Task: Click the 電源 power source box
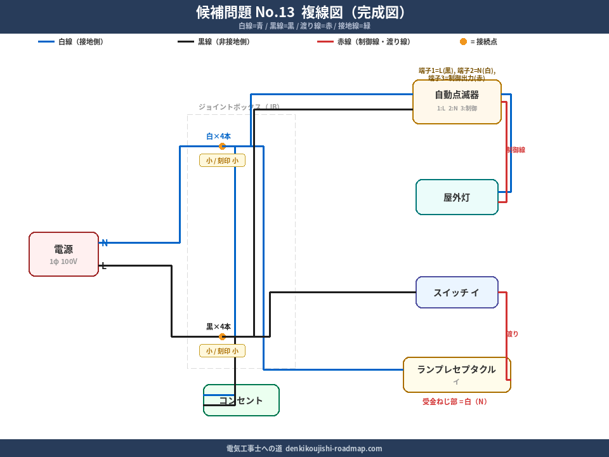pos(63,254)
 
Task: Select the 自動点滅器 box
pos(457,102)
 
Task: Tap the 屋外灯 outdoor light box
pos(457,197)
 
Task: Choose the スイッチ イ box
pos(457,293)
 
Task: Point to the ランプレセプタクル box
pos(457,374)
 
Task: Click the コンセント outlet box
pos(241,401)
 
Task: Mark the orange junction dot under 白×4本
pos(222,147)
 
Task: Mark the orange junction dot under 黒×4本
pos(222,336)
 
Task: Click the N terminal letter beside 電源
pos(105,242)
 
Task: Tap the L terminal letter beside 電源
pos(104,265)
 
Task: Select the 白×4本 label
pos(218,136)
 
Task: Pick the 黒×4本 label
pos(218,326)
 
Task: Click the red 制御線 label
pos(516,150)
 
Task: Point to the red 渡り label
pos(513,334)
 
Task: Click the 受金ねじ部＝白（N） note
pos(456,402)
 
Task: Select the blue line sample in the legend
pos(46,42)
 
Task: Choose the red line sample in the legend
pos(325,42)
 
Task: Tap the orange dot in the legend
pos(463,42)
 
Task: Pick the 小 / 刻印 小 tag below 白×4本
pos(222,161)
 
